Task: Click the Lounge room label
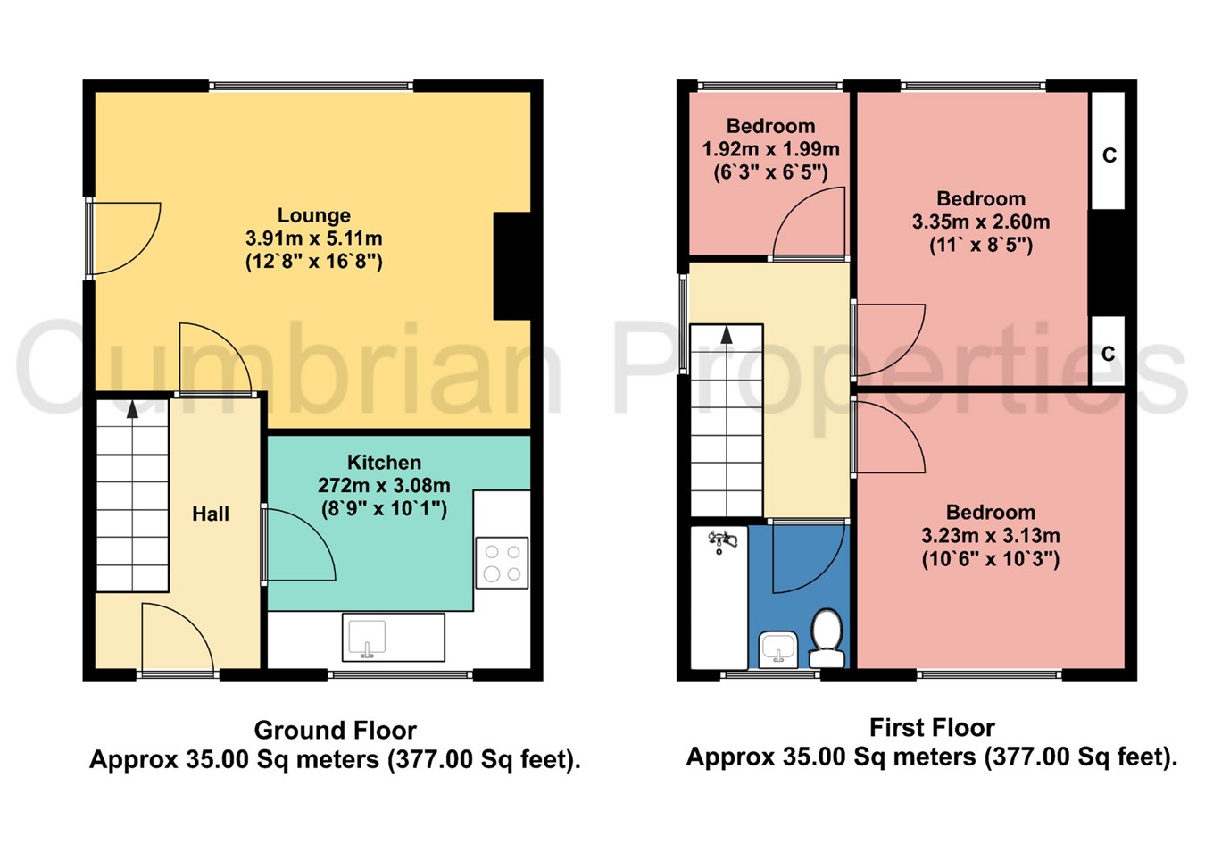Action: (313, 215)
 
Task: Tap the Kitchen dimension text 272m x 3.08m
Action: (384, 486)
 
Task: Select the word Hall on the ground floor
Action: (211, 514)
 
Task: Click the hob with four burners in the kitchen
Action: (501, 563)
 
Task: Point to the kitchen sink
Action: (367, 638)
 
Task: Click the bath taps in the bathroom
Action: (722, 540)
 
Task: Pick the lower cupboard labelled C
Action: (1108, 352)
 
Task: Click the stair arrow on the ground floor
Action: (132, 409)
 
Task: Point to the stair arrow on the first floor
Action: (727, 335)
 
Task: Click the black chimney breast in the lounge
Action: (512, 266)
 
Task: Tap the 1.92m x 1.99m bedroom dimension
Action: (770, 149)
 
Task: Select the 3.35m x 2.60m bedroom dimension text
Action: (980, 222)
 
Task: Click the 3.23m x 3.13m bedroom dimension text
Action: (990, 536)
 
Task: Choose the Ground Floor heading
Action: (335, 730)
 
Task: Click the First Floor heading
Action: (932, 727)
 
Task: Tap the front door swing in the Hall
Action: (174, 638)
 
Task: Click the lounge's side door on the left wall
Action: (123, 238)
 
